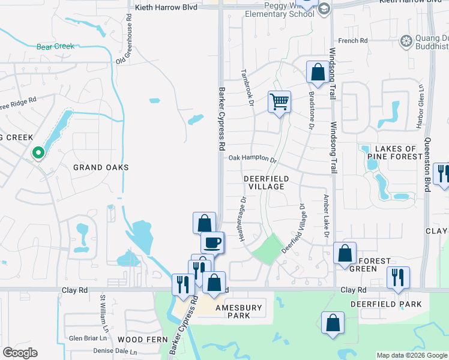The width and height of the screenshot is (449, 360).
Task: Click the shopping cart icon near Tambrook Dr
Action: (x=279, y=102)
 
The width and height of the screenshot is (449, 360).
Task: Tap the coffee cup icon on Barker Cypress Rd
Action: (x=212, y=243)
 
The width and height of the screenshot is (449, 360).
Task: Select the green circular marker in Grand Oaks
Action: (x=38, y=153)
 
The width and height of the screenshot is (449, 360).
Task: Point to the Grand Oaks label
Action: (x=101, y=167)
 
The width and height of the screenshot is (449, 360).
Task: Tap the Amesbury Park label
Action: (x=239, y=311)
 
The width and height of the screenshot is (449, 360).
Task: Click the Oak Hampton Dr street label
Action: (x=252, y=160)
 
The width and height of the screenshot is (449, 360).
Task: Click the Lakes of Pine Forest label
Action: (x=395, y=153)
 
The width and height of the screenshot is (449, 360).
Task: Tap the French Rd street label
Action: (x=352, y=41)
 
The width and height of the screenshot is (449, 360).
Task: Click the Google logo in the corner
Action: (x=20, y=353)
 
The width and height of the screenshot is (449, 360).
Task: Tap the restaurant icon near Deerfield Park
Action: (x=397, y=278)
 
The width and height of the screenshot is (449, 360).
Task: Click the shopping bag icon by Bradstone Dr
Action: (x=317, y=73)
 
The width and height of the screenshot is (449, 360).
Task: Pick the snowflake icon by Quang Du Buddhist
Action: (x=406, y=41)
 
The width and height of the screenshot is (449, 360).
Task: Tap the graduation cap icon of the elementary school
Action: (x=324, y=8)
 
